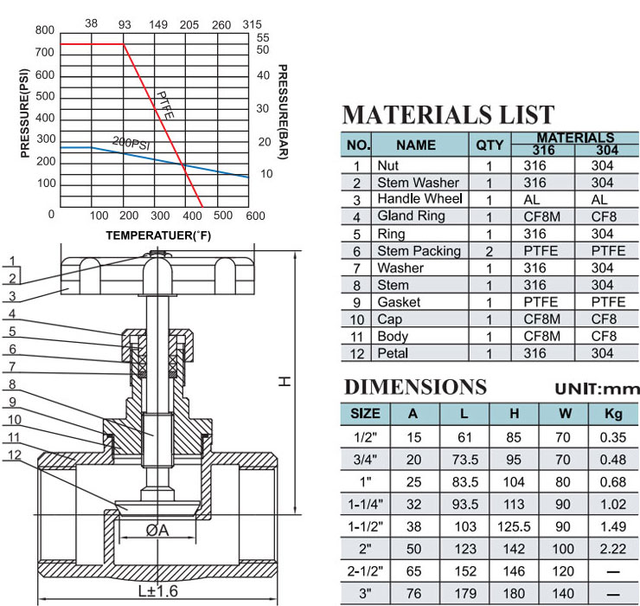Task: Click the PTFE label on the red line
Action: tap(165, 106)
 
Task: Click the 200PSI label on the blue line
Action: tap(131, 143)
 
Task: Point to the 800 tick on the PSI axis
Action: tap(44, 30)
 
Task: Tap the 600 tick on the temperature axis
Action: tap(255, 216)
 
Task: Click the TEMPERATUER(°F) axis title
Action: tap(158, 235)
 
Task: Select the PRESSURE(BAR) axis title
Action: tap(283, 112)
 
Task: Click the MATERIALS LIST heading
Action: tap(448, 115)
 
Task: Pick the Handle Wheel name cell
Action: tap(419, 198)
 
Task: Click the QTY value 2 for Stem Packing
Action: tap(489, 251)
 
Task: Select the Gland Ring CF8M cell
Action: tap(541, 216)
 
